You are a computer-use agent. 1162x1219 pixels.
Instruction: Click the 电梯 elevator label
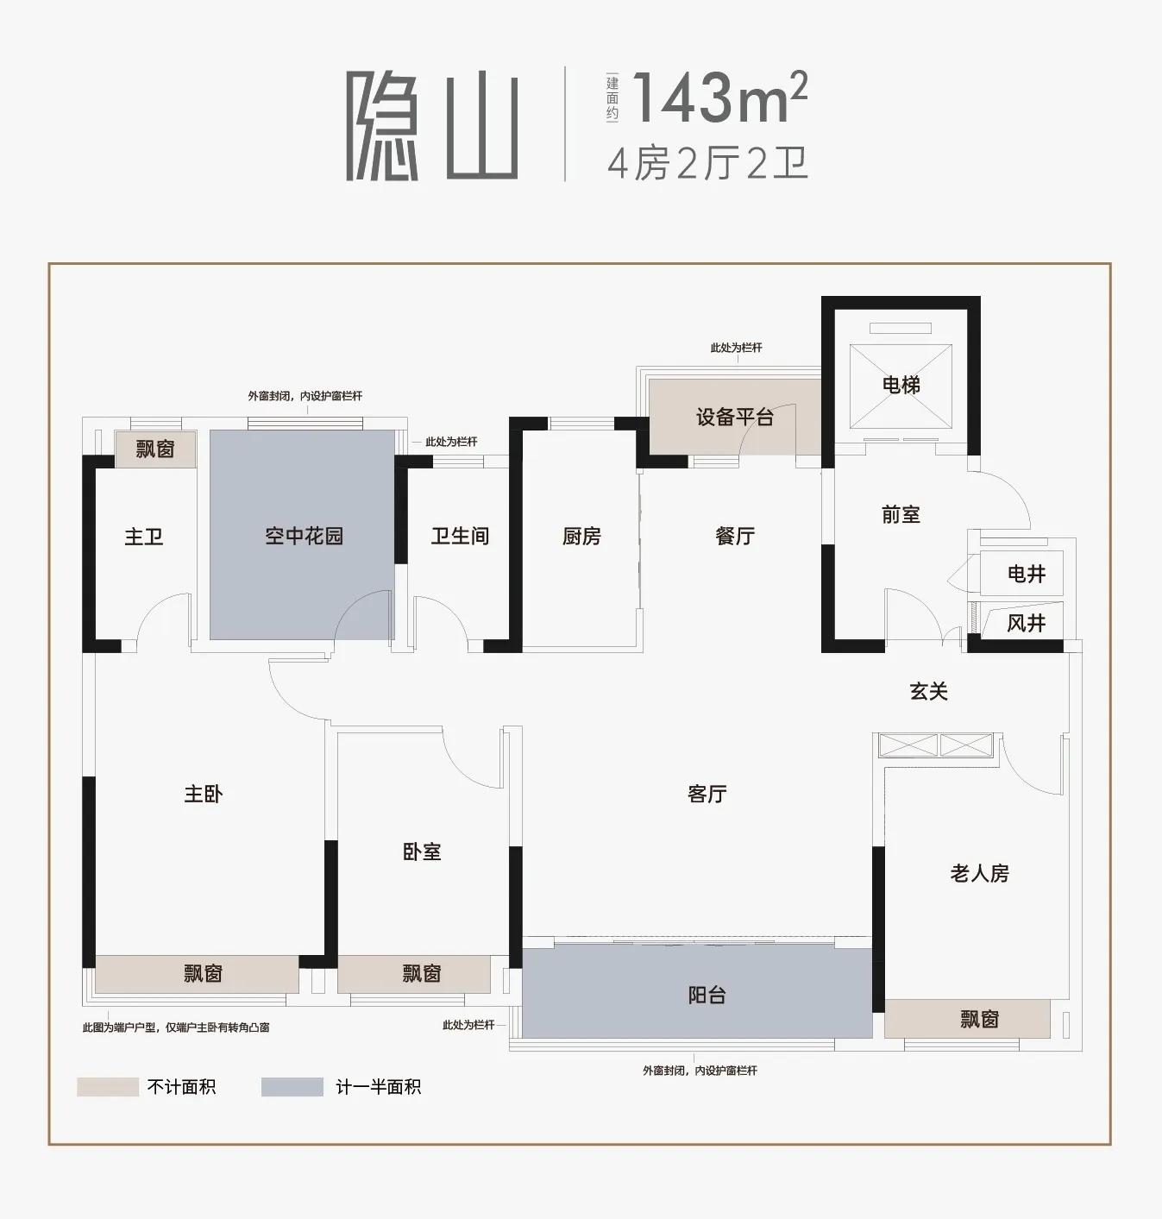(x=901, y=385)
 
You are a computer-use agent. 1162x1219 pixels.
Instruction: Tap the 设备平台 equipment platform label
(x=735, y=418)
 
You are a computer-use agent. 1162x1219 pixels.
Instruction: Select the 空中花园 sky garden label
(x=304, y=536)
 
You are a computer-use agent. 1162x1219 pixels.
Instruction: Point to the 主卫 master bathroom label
(x=144, y=537)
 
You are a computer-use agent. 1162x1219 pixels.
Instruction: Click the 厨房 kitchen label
(x=581, y=536)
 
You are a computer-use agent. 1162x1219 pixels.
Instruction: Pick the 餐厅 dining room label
(x=735, y=536)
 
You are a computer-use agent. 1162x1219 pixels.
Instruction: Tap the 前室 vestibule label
(x=901, y=514)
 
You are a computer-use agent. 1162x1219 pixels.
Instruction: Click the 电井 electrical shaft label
(x=1027, y=574)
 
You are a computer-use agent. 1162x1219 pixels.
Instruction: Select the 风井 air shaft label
(x=1027, y=623)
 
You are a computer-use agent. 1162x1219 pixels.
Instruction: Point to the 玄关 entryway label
(x=929, y=691)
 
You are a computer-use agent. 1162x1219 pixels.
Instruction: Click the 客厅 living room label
(x=707, y=794)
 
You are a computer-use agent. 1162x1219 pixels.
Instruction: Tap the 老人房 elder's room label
(x=980, y=873)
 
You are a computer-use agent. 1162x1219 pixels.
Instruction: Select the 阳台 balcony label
(x=707, y=996)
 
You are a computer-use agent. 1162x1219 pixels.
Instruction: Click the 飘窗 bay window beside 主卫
(x=155, y=449)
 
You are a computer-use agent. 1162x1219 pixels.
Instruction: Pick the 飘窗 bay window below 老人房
(x=967, y=1019)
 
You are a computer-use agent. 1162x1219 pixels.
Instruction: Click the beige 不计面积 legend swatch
(x=108, y=1087)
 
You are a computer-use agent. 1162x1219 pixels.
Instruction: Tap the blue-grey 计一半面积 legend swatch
(x=292, y=1087)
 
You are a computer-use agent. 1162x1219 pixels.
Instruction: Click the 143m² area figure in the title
(x=719, y=97)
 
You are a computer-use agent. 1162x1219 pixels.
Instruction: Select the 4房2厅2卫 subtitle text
(x=708, y=164)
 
